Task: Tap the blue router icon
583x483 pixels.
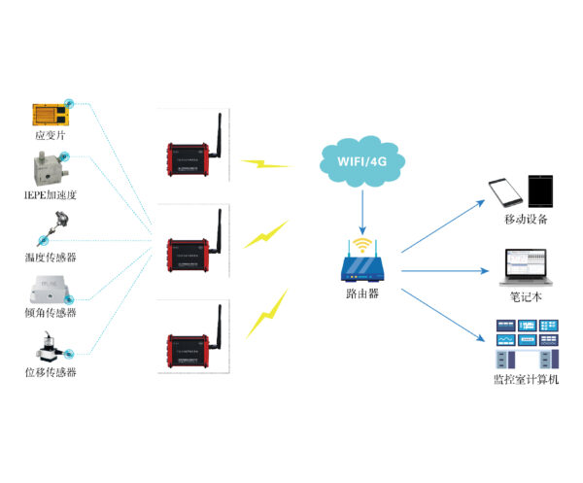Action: click(x=361, y=263)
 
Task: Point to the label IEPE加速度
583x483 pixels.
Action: click(x=51, y=194)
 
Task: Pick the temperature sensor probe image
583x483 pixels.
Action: click(x=49, y=234)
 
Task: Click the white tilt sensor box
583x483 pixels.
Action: click(x=50, y=289)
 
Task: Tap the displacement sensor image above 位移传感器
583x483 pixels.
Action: click(x=50, y=345)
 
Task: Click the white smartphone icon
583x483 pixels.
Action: click(x=502, y=190)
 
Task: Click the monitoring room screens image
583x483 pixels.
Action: click(x=526, y=340)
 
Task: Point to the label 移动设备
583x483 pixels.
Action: click(x=526, y=221)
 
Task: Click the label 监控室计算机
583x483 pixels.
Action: click(x=526, y=379)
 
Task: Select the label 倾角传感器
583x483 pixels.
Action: click(x=51, y=313)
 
